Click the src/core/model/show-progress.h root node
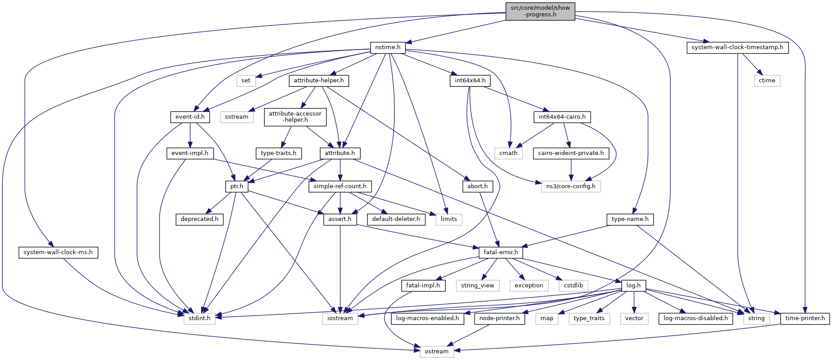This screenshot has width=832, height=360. click(x=540, y=11)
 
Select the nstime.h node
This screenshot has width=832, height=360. click(x=388, y=47)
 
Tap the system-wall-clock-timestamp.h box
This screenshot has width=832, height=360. click(x=737, y=47)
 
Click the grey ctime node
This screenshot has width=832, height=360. click(x=767, y=81)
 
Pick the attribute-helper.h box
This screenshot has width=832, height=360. click(x=319, y=81)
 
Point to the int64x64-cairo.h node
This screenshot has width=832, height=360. click(x=562, y=117)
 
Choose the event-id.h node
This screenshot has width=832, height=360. click(x=190, y=117)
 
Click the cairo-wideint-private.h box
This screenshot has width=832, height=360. click(x=571, y=153)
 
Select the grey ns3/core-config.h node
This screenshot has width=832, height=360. click(x=571, y=186)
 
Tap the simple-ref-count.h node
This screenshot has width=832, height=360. click(x=340, y=186)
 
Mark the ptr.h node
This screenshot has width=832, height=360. click(x=237, y=186)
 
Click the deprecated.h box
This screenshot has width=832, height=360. click(x=199, y=219)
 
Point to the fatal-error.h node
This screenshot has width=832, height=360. click(x=501, y=252)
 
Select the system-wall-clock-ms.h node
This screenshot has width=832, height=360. click(x=58, y=252)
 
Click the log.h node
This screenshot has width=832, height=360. click(x=634, y=286)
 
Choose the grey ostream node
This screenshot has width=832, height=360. click(x=437, y=352)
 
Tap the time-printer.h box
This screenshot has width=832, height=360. click(x=805, y=318)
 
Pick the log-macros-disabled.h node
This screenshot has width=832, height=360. click(x=696, y=318)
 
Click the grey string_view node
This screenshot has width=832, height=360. click(x=478, y=286)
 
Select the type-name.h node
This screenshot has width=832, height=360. click(x=630, y=219)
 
